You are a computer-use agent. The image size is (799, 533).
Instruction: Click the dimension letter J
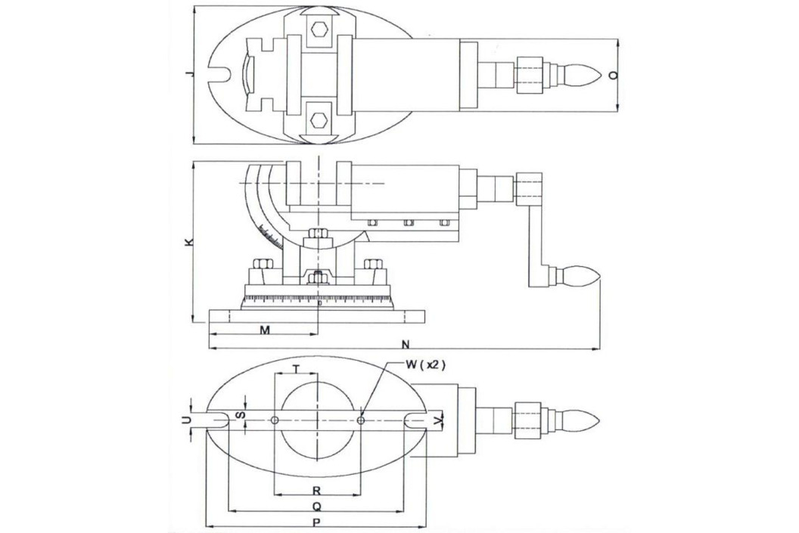[x=190, y=74]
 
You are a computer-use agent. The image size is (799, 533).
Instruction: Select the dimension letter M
[x=265, y=330]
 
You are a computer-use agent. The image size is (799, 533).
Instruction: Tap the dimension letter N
[x=406, y=344]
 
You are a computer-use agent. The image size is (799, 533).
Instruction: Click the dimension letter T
[x=297, y=369]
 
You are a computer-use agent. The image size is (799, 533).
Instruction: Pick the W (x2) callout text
[x=425, y=364]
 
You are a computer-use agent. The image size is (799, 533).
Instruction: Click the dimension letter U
[x=186, y=420]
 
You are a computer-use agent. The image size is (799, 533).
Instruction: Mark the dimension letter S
[x=242, y=415]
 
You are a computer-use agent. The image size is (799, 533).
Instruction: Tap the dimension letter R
[x=316, y=491]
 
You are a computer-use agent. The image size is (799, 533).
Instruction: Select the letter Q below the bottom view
[x=316, y=507]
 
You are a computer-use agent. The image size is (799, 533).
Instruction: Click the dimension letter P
[x=316, y=522]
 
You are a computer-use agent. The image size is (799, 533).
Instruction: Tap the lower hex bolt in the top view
[x=319, y=119]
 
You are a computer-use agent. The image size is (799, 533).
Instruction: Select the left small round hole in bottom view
[x=275, y=420]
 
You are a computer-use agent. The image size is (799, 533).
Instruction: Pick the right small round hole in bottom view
[x=361, y=420]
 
